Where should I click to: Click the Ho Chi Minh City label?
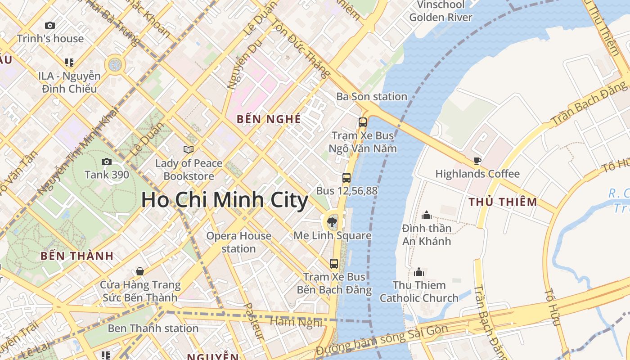[225, 200]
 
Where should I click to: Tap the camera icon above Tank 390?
[107, 162]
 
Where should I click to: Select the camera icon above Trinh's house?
[50, 26]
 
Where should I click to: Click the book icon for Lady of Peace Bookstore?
[189, 149]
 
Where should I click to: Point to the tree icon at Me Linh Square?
[332, 221]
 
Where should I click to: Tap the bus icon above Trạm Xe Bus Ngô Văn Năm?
[362, 122]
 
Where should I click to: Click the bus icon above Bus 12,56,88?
[346, 177]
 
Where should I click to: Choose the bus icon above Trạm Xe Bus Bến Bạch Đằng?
[333, 264]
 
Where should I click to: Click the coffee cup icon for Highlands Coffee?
[477, 161]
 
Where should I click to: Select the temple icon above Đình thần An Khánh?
[426, 215]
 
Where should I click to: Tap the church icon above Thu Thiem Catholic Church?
[419, 272]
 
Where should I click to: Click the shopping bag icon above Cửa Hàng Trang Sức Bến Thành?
[140, 271]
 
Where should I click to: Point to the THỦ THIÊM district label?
[503, 202]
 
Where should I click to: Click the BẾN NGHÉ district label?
[269, 119]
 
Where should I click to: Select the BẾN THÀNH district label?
[77, 256]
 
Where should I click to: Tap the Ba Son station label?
[372, 96]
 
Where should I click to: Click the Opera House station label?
[238, 242]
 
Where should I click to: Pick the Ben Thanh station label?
[153, 328]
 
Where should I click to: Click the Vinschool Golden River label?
[441, 11]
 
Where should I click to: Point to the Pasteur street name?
[253, 321]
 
